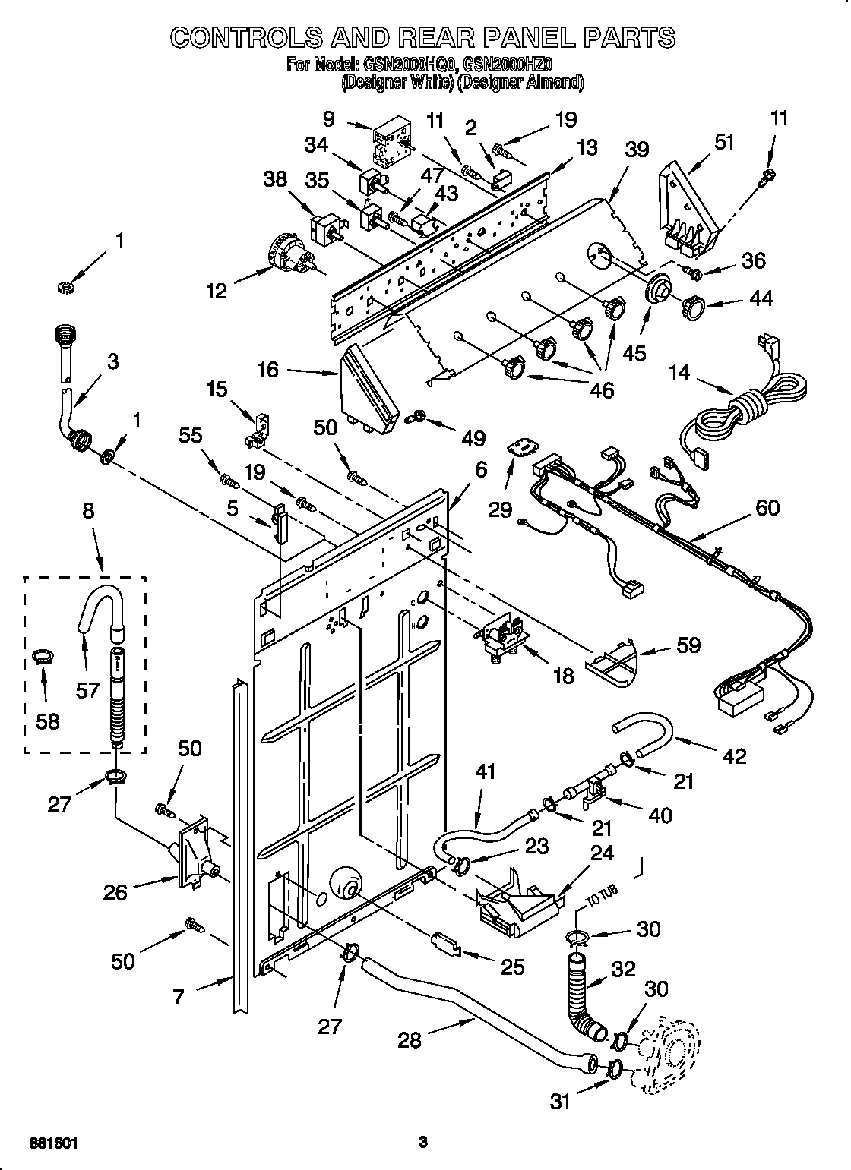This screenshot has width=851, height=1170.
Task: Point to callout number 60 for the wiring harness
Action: [767, 507]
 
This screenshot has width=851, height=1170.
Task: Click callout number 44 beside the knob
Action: [760, 298]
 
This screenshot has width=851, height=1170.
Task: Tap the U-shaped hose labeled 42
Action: [643, 736]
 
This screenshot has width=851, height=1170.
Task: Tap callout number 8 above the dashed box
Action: [88, 510]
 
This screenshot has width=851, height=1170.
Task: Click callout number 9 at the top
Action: [328, 118]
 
